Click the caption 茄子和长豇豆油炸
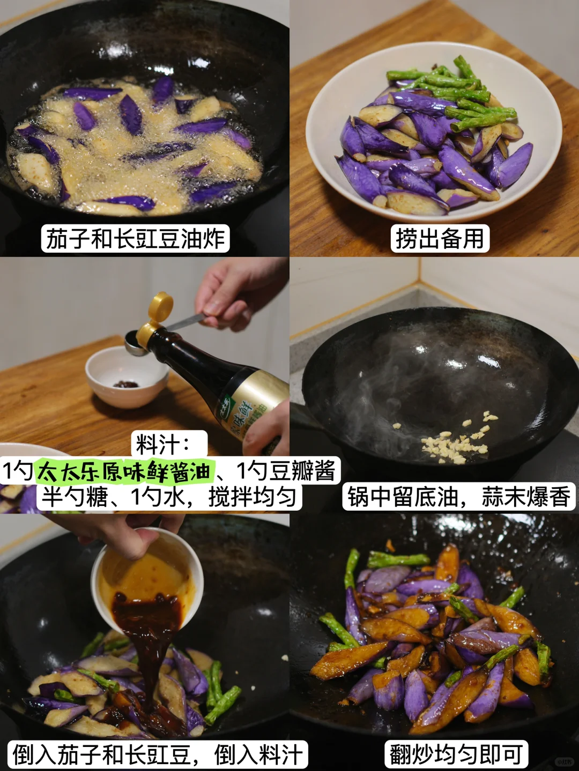coord(135,239)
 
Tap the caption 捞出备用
coord(440,239)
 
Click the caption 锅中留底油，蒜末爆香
coord(459,496)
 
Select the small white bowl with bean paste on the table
coord(127,376)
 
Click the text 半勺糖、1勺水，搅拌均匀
coord(169,496)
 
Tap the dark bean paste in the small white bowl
coord(126,384)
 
